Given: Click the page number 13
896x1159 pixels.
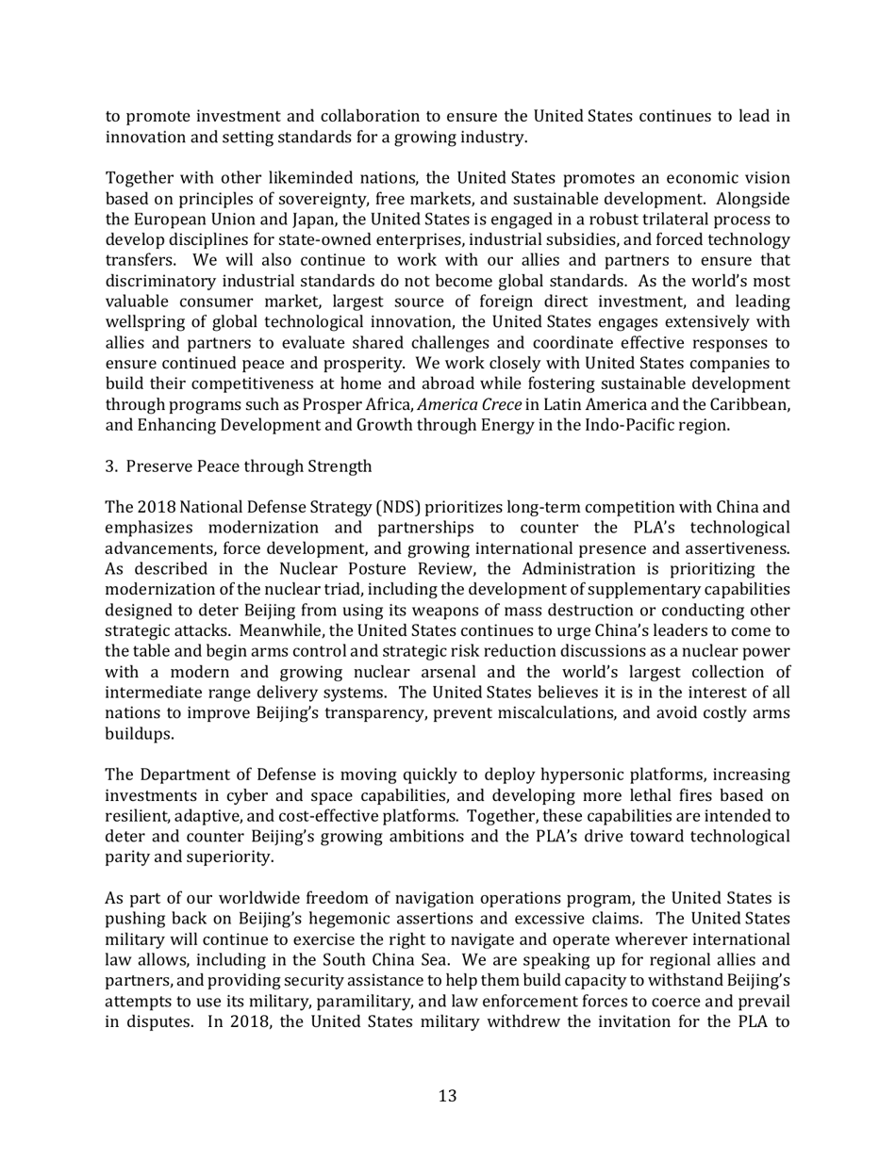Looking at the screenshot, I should point(447,1096).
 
